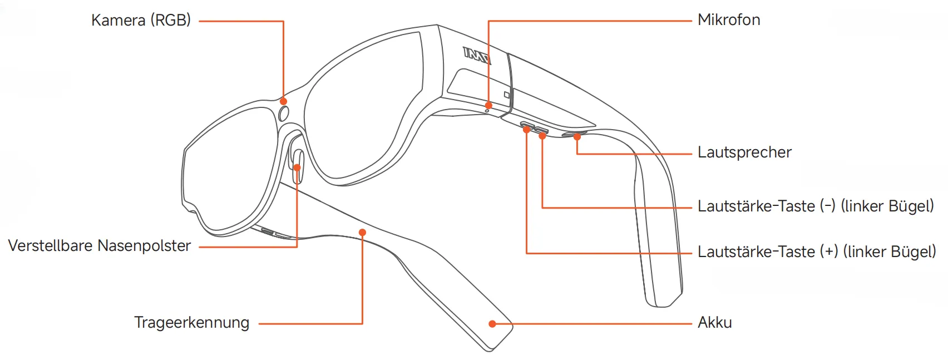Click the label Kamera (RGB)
point(141,21)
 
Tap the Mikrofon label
point(729,20)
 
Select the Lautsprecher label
point(744,152)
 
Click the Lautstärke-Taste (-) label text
point(816,206)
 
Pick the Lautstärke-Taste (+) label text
point(817,252)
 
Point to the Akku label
point(715,323)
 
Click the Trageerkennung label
point(191,323)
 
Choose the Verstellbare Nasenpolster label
point(100,246)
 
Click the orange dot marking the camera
point(284,101)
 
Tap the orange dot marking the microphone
point(488,105)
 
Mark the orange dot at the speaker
point(577,136)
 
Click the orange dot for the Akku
point(492,324)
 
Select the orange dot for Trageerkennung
point(362,233)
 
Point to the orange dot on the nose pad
point(297,167)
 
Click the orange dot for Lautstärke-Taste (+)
point(526,130)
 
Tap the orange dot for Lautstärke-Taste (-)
point(542,136)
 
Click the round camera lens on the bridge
point(283,114)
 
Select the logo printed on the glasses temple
point(477,55)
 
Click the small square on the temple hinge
point(507,95)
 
